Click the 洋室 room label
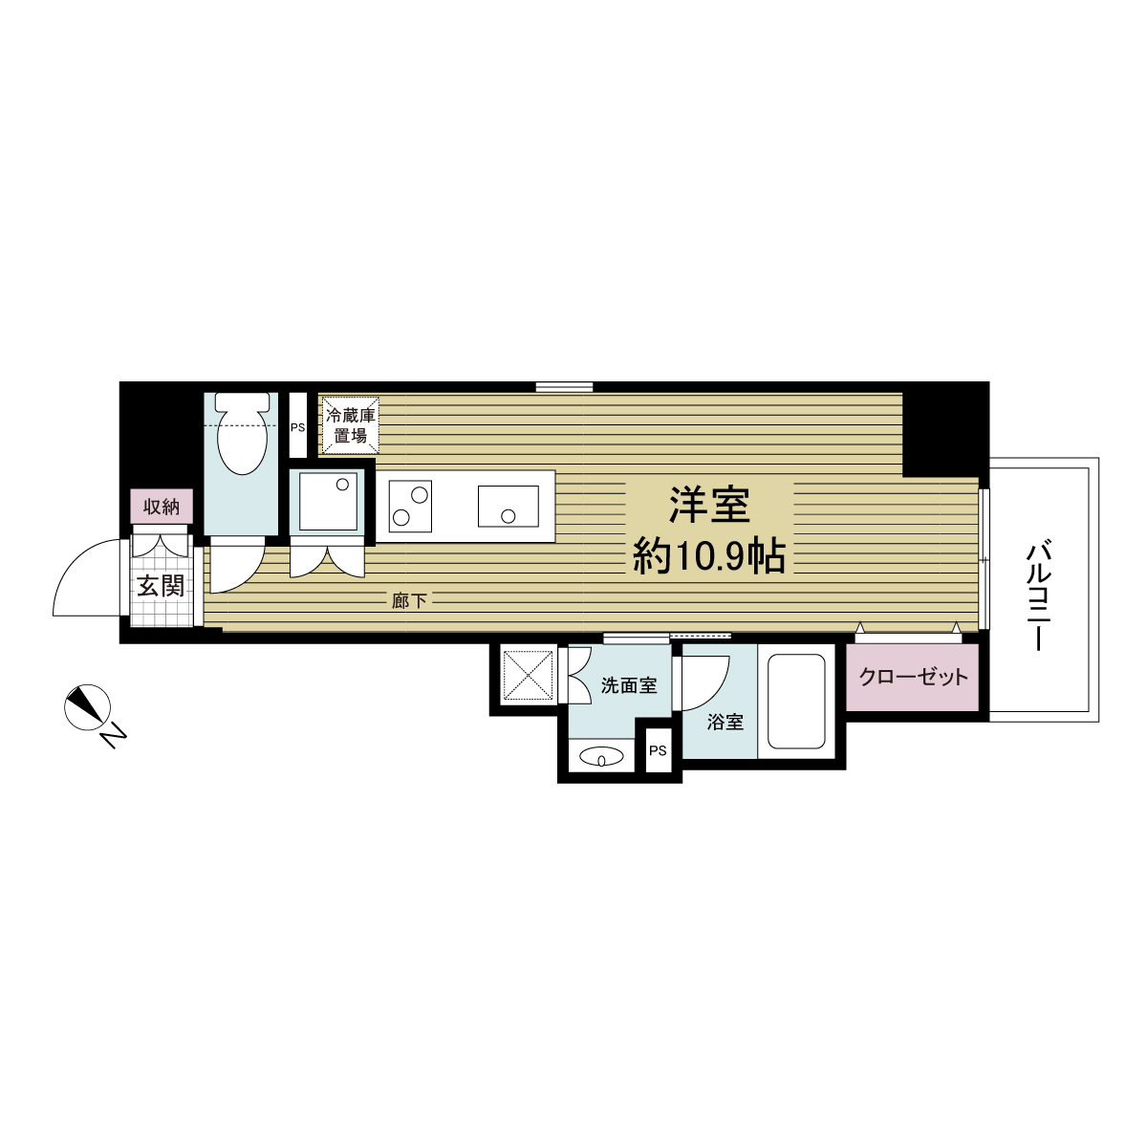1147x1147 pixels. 708,506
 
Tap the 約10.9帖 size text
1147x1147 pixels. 708,555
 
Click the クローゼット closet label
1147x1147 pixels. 913,678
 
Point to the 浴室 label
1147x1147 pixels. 725,723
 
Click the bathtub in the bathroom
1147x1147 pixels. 796,702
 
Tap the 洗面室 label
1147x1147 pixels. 628,685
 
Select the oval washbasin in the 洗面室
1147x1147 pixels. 601,757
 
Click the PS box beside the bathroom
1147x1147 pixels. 658,750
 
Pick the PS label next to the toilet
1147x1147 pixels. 297,427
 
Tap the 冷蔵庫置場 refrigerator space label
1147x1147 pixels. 351,425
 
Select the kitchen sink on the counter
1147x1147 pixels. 508,507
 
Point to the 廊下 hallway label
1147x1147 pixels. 409,601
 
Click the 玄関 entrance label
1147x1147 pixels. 160,585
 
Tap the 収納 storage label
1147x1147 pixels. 162,507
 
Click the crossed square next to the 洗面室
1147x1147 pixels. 528,675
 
